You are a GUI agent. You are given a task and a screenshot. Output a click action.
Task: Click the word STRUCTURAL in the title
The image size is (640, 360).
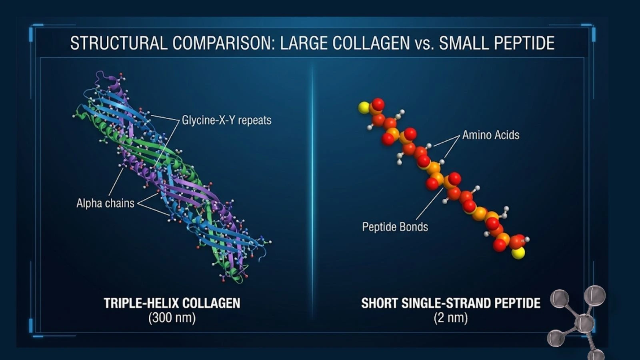118,43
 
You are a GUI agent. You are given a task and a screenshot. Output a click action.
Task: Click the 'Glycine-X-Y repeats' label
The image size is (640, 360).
226,120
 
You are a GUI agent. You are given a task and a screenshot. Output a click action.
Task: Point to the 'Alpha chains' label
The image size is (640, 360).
105,203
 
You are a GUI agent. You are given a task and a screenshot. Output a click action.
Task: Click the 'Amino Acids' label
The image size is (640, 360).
491,135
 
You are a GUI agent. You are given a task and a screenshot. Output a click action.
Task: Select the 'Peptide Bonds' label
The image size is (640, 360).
395,227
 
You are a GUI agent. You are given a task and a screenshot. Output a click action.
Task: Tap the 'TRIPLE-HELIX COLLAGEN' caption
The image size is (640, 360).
172,303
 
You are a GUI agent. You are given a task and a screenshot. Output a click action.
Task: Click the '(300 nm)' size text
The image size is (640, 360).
172,318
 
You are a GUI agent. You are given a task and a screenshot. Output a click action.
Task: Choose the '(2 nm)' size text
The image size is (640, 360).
450,318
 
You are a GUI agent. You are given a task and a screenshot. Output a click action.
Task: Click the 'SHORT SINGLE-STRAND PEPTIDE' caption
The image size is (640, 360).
451,303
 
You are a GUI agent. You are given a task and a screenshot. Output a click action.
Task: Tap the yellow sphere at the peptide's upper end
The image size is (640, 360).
364,108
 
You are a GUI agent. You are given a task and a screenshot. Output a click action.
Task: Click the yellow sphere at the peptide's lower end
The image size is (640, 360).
518,253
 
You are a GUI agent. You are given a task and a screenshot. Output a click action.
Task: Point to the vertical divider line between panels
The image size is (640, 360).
312,192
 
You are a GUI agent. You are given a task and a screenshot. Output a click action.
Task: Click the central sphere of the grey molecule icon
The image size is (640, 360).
584,323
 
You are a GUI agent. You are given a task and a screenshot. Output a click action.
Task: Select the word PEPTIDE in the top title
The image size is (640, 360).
524,43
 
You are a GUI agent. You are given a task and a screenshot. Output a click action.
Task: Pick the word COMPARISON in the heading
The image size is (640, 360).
224,43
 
